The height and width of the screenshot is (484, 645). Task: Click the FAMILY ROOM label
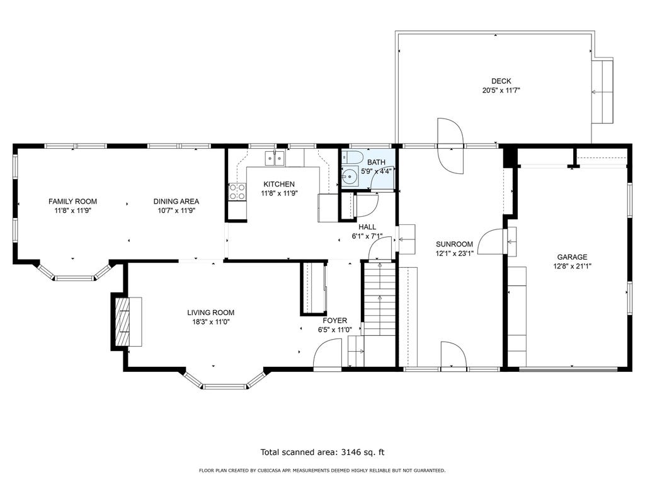point(73,201)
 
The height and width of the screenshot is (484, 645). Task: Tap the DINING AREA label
point(176,201)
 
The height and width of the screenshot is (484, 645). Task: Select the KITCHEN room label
point(279,184)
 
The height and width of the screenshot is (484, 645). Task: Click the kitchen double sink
point(275,158)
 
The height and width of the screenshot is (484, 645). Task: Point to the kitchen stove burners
point(237,192)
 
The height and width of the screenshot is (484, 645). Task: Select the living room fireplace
point(126,321)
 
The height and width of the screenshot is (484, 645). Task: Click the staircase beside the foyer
point(379,299)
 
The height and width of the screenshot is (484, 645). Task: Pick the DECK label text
point(501,81)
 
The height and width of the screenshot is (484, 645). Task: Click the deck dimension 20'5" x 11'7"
point(501,90)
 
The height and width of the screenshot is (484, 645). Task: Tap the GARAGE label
point(572,257)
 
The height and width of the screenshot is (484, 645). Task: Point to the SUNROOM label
point(455,244)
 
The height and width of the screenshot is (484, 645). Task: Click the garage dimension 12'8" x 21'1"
point(572,267)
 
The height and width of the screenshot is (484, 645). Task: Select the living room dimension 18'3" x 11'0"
point(210,322)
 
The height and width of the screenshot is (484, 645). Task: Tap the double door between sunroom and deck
point(451,146)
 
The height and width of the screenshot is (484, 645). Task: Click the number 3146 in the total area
point(352,452)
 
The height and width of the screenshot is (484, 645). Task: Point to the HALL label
point(367,227)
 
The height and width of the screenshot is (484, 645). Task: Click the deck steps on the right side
point(602,91)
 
